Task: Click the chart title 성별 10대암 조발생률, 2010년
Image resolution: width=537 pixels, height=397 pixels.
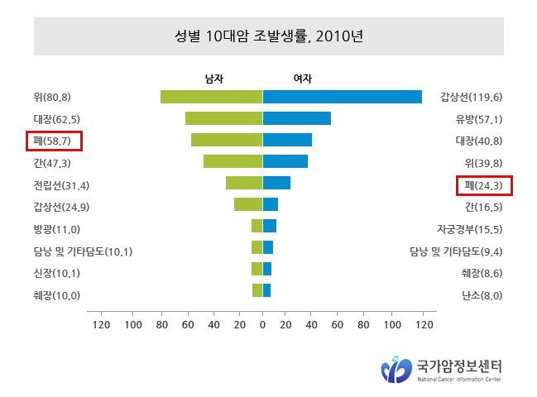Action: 269,36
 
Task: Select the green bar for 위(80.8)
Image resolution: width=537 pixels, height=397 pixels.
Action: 211,97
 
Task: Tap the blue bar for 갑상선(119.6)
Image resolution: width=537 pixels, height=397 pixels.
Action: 342,97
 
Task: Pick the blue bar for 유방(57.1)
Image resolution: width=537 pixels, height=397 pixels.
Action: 297,118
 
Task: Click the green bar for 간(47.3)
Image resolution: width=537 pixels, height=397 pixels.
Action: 233,161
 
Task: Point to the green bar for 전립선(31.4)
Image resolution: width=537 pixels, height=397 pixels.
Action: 244,183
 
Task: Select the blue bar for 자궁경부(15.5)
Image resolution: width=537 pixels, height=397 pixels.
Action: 270,226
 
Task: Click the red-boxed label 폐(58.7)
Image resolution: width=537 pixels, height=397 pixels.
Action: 53,141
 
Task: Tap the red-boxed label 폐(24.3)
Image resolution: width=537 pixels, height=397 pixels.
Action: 484,185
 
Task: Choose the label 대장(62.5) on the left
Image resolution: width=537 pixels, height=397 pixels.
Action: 56,119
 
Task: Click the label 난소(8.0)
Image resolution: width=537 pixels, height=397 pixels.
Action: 482,295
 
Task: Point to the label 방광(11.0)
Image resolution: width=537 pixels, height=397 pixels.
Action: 56,229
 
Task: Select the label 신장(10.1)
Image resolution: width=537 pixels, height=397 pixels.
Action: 56,273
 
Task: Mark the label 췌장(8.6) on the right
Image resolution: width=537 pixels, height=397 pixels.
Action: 482,273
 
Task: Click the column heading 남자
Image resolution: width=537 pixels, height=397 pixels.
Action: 214,79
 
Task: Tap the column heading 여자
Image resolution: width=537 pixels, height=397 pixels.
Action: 302,79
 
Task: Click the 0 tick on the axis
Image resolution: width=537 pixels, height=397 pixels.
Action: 262,324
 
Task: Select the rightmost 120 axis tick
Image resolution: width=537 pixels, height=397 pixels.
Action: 424,324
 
